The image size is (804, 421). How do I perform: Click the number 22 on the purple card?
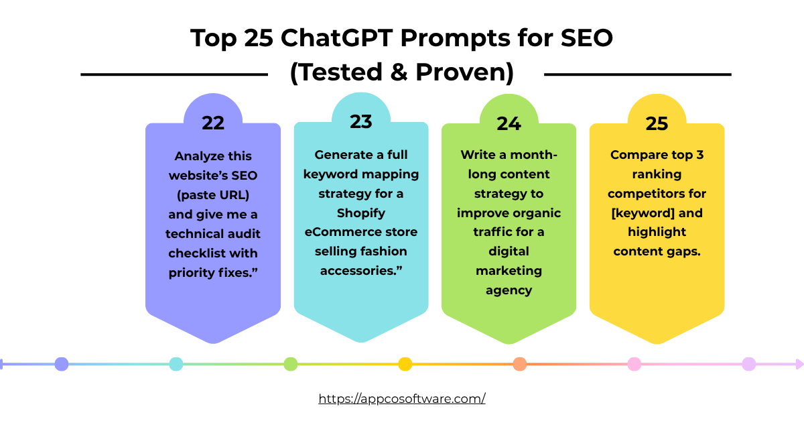(x=213, y=123)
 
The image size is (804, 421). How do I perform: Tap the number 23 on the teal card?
(x=360, y=121)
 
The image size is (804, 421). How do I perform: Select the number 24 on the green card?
(x=509, y=123)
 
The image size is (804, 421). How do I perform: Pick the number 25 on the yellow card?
(x=657, y=123)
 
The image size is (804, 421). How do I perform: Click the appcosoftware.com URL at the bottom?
(x=402, y=398)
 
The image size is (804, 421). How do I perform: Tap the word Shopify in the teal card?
(x=360, y=213)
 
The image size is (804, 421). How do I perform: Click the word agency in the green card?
(x=509, y=290)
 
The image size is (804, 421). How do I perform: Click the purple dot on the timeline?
(x=62, y=364)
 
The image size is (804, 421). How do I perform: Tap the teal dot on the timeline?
(x=176, y=364)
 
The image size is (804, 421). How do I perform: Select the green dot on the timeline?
(x=290, y=364)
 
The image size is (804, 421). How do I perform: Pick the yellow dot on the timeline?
(x=405, y=364)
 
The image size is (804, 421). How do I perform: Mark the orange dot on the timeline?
(x=519, y=364)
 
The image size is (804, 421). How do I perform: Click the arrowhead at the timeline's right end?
(x=799, y=364)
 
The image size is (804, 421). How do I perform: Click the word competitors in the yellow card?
(x=657, y=194)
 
